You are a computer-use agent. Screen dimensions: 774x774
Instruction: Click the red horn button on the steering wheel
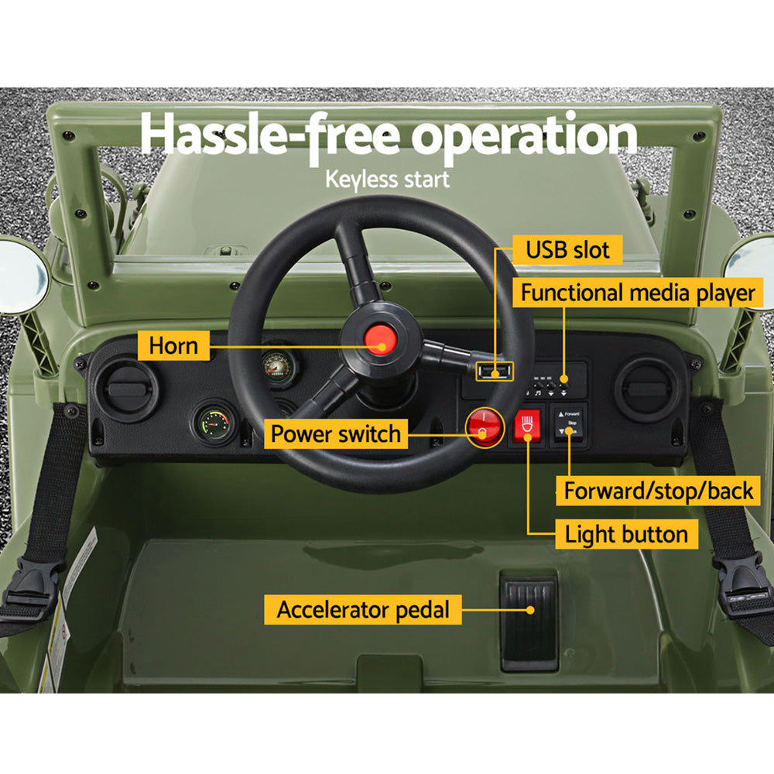pos(378,340)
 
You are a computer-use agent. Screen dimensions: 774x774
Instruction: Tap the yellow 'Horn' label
pos(173,345)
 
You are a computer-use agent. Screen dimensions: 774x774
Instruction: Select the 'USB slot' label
pos(567,250)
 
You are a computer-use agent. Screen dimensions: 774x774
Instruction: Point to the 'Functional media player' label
pos(637,293)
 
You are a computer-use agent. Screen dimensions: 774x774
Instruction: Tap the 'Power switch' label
pos(336,433)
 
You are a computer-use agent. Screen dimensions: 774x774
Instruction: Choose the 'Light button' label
pos(625,534)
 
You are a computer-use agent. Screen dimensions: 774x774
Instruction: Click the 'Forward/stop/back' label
pos(658,491)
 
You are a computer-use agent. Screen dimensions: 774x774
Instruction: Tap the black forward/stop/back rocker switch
pos(569,425)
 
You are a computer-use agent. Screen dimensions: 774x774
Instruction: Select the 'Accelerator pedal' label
pos(363,609)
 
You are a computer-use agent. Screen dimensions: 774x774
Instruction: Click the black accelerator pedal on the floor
pos(529,620)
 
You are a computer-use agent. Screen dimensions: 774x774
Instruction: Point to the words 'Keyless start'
pos(387,180)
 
